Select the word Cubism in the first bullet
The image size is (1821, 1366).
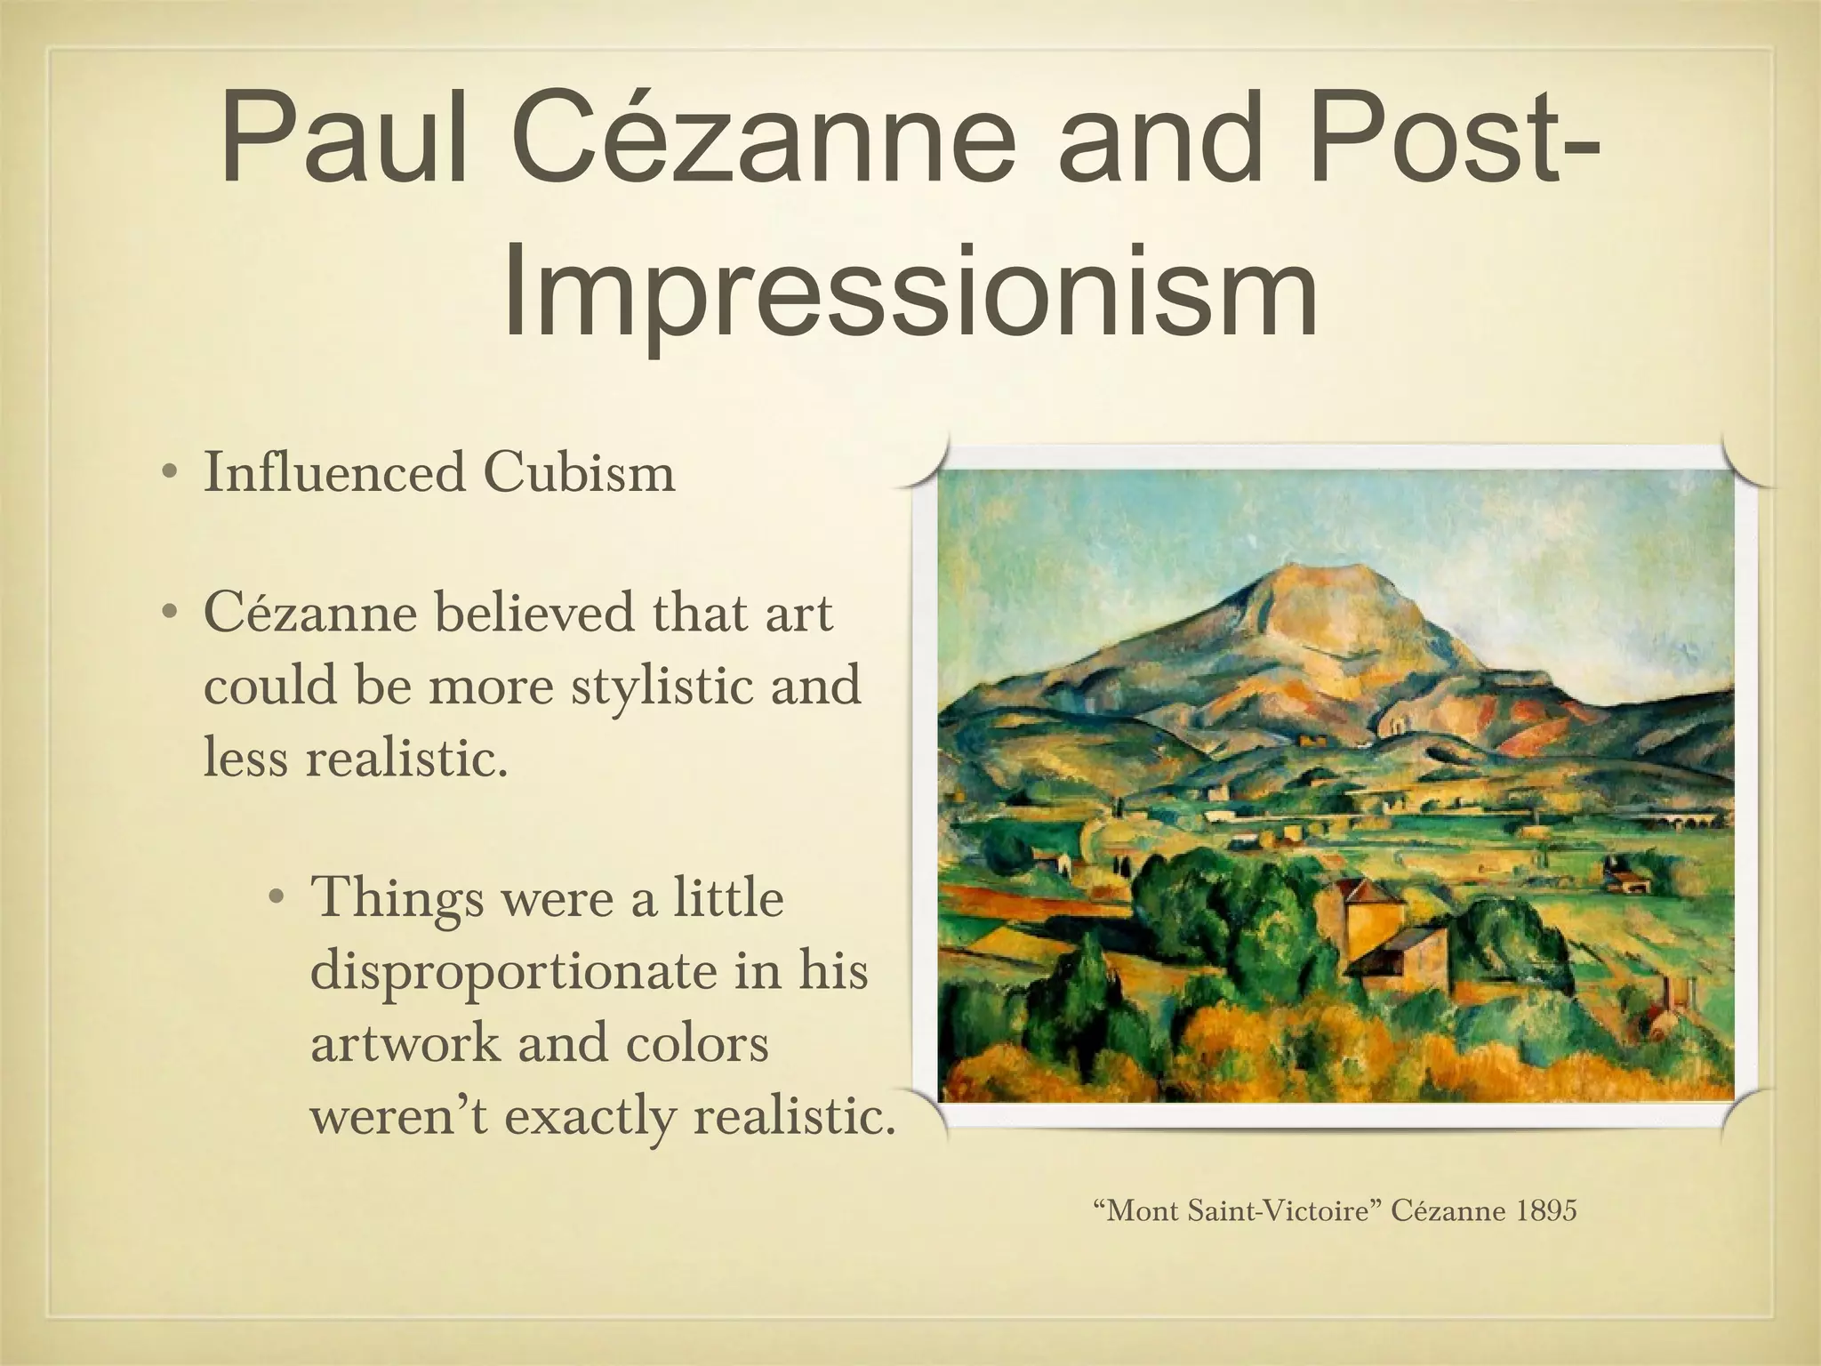(579, 472)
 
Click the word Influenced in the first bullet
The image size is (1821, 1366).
(333, 472)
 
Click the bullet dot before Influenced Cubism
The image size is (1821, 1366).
(168, 472)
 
